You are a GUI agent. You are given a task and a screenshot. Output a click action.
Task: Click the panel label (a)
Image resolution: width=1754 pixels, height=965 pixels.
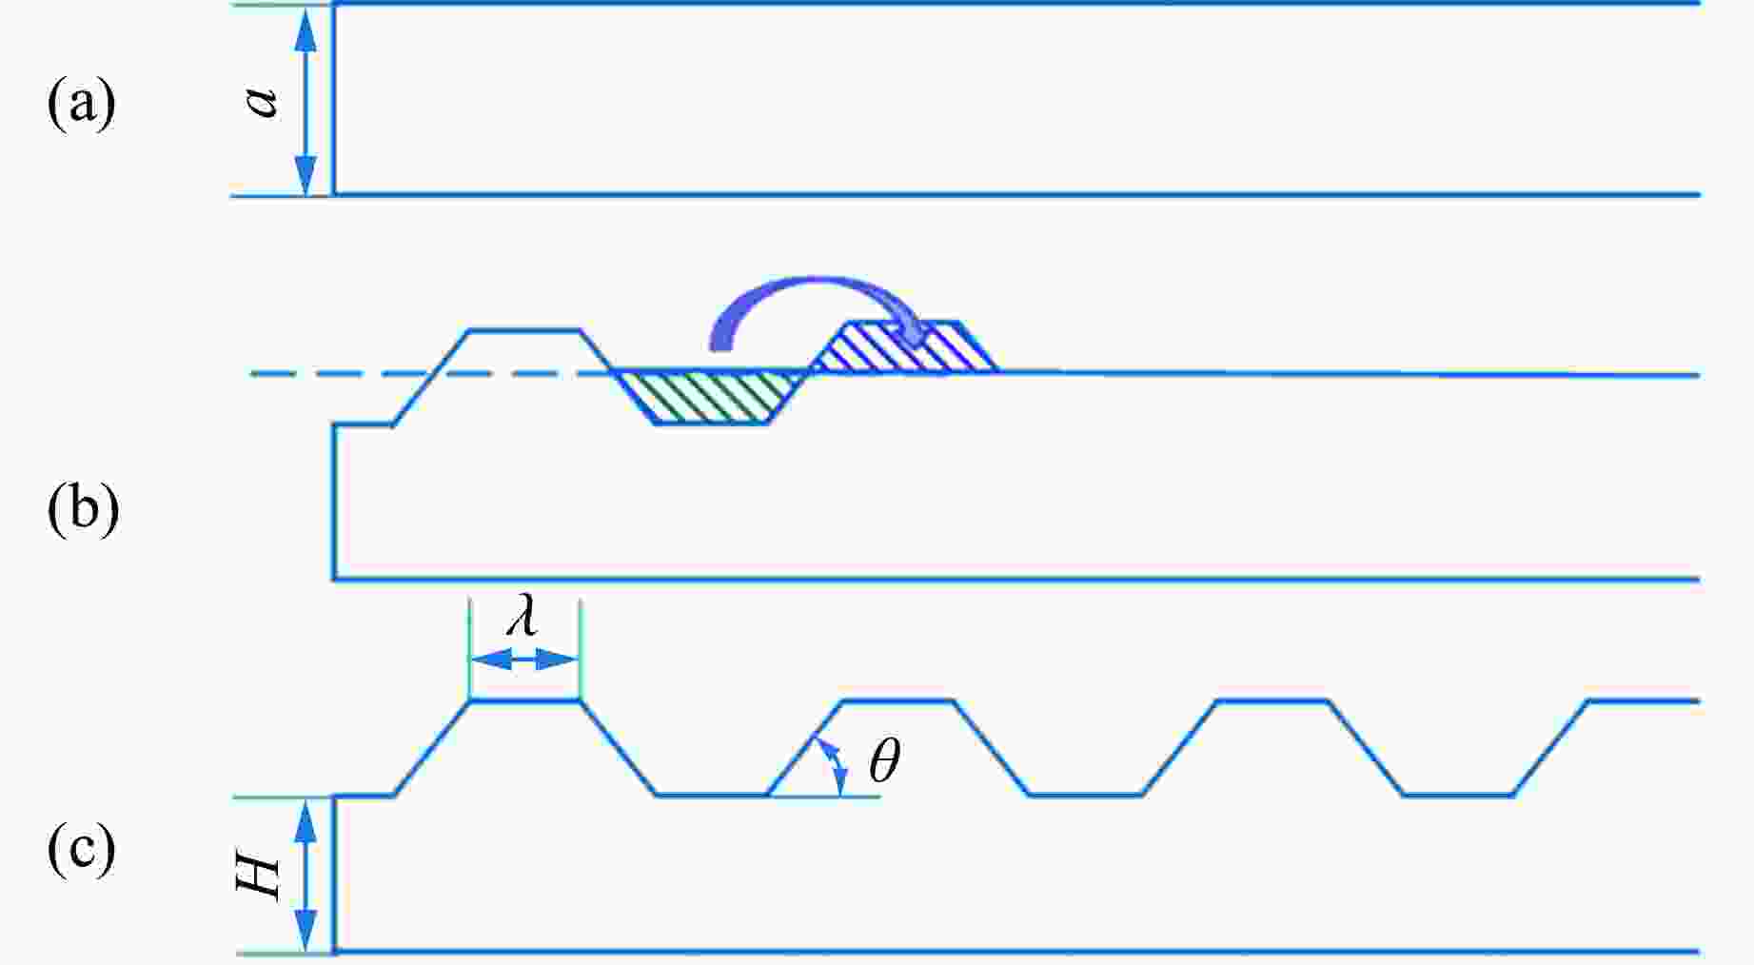coord(81,103)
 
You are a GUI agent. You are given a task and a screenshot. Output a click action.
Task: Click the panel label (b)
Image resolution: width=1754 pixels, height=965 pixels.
coord(83,508)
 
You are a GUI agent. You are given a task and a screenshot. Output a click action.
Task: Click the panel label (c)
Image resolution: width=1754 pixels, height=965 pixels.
coord(81,849)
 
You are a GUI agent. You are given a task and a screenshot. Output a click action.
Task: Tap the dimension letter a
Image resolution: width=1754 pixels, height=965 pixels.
coord(262,101)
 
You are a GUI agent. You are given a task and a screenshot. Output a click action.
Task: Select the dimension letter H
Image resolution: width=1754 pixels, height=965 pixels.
coord(259,876)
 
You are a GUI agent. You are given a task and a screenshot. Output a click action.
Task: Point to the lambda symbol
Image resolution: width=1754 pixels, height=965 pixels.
coord(522,618)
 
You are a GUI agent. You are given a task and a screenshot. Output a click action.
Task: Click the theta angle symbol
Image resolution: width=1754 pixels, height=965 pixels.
coord(884,761)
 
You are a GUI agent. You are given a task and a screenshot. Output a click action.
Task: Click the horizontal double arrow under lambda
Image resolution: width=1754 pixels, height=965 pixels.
coord(523,660)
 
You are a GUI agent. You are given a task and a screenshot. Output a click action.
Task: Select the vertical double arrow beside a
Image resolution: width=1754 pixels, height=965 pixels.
coord(305,101)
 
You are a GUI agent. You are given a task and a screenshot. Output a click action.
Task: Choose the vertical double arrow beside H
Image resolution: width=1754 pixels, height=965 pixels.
coord(305,876)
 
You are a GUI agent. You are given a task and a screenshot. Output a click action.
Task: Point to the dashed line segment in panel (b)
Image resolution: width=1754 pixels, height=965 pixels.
coord(428,374)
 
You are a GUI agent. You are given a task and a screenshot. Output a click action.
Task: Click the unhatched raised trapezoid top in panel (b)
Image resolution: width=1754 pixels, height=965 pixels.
coord(524,330)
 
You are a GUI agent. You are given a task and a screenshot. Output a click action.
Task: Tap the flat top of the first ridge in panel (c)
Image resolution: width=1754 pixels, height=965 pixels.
coord(524,701)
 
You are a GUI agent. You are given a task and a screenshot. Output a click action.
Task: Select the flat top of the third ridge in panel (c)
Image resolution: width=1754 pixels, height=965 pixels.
coord(1273,701)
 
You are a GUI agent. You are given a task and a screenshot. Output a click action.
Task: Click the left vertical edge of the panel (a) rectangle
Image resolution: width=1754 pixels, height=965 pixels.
coord(333,99)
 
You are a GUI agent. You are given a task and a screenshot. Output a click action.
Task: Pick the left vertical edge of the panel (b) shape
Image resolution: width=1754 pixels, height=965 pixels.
coord(333,502)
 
